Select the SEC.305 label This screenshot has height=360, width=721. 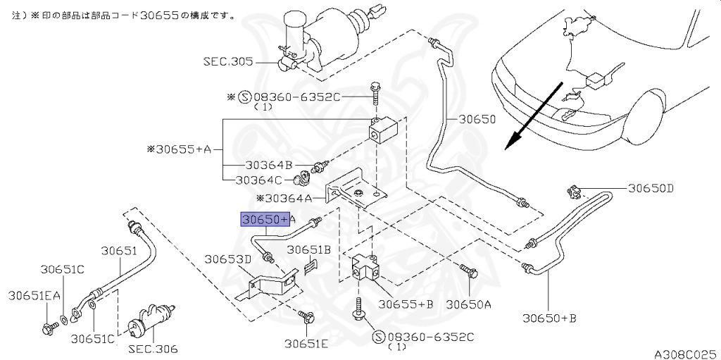tap(229, 61)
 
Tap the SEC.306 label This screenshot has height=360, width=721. tap(153, 349)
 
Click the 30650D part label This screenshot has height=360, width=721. tap(650, 188)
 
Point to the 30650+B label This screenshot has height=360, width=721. tap(549, 318)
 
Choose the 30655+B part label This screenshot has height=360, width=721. tap(406, 304)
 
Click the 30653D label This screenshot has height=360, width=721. tap(228, 259)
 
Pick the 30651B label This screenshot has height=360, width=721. tap(309, 249)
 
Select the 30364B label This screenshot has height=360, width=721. tap(268, 165)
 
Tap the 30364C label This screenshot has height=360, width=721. tap(259, 180)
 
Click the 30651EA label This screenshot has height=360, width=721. tap(35, 296)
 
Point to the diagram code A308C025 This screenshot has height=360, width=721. tap(687, 354)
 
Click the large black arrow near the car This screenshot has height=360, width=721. tap(533, 116)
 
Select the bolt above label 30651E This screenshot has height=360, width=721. tap(306, 317)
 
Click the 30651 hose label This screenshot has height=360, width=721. tap(119, 251)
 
